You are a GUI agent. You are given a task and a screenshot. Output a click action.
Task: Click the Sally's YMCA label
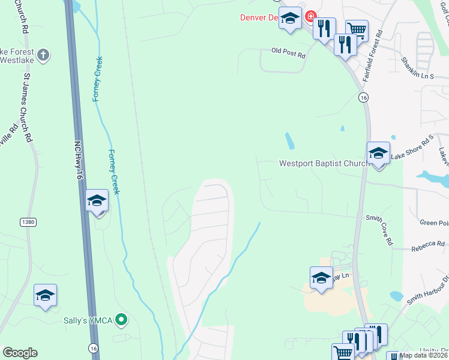click(x=88, y=320)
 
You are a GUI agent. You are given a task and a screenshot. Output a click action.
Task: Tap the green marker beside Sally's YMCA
click(x=121, y=320)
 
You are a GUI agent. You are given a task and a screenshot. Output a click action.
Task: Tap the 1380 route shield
click(x=28, y=222)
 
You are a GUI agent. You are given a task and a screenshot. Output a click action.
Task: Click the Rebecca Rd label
click(x=427, y=244)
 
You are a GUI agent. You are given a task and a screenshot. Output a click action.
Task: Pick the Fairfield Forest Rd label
click(x=372, y=58)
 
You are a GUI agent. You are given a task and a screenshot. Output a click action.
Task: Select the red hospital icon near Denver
click(x=310, y=16)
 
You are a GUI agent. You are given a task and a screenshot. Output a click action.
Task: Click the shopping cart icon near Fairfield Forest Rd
click(x=357, y=29)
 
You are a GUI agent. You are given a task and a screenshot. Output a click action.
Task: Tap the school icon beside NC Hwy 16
click(x=97, y=201)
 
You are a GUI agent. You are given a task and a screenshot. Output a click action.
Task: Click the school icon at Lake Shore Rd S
click(x=379, y=153)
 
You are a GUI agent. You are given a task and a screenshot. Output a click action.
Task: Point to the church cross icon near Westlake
click(x=43, y=56)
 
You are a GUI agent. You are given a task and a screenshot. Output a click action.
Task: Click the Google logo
click(x=20, y=353)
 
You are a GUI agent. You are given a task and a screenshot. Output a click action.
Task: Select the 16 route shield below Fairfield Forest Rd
click(x=363, y=97)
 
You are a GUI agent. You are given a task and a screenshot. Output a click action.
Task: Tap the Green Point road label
click(x=434, y=223)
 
